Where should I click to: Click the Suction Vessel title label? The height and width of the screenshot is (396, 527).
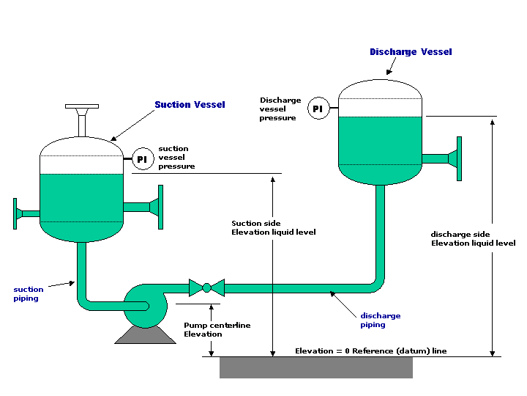tap(190, 105)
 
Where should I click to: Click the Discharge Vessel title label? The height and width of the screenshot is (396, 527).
tap(411, 52)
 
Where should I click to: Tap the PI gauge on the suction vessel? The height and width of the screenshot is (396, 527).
tap(142, 158)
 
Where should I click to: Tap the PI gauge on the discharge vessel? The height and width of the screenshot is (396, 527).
tap(317, 109)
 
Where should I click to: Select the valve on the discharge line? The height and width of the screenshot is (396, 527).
tap(206, 287)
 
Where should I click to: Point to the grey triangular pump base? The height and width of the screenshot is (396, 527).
tap(146, 334)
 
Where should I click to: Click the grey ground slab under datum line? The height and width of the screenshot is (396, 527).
tap(315, 367)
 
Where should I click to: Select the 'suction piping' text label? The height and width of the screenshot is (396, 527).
tap(29, 294)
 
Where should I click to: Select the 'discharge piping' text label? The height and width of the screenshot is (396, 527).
tap(380, 320)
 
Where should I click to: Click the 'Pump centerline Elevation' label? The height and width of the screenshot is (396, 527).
tap(203, 329)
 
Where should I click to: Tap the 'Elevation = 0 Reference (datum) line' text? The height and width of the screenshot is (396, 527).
tap(370, 351)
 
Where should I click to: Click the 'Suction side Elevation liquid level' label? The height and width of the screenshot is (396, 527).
tap(273, 227)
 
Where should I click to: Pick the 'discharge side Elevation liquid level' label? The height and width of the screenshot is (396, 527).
tap(473, 238)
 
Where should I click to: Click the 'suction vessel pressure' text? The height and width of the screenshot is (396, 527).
tap(176, 157)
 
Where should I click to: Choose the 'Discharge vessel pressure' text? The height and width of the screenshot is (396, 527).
tap(280, 109)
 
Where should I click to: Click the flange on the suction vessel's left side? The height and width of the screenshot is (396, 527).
tap(16, 213)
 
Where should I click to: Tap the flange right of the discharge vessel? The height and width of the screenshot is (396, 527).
tap(458, 158)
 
